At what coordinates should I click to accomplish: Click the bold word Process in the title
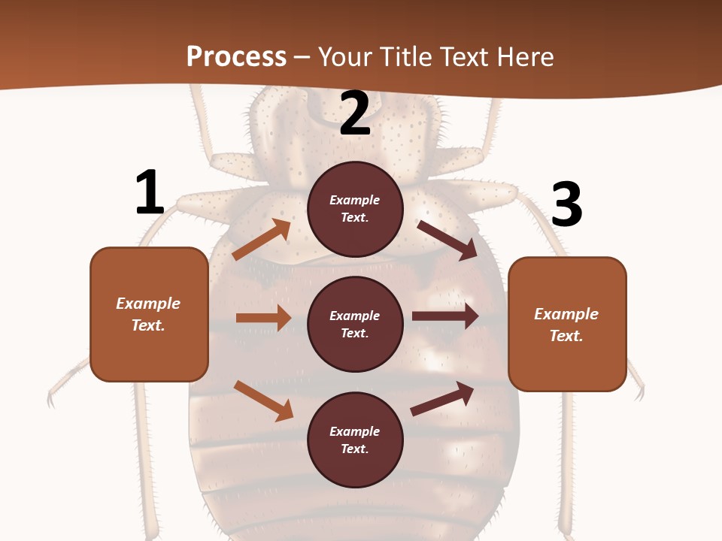236,56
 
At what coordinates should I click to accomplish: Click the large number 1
150,193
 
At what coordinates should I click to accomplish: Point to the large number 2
355,113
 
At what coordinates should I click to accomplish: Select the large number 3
566,204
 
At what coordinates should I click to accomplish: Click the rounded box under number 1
149,314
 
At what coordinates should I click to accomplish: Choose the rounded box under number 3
567,324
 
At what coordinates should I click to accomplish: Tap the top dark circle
355,209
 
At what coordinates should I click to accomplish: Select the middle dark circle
355,324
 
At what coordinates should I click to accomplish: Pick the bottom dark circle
355,440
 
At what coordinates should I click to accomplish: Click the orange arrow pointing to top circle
261,240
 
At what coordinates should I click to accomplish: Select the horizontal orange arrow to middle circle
263,318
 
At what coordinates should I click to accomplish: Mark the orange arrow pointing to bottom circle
263,400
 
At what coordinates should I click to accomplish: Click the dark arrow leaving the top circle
447,240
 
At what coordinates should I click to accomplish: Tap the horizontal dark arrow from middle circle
445,316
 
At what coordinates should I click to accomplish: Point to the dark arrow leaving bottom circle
442,398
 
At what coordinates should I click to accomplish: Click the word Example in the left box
148,304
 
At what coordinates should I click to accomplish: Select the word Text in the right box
566,336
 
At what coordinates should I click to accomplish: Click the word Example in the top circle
355,201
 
